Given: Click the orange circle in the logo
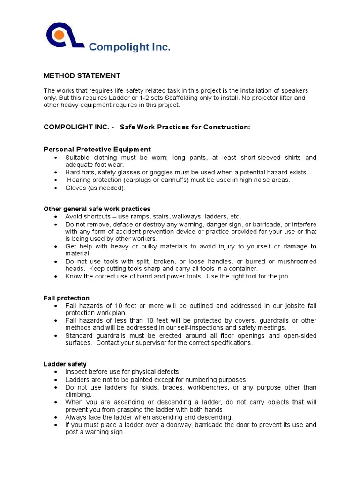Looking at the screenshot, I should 59,35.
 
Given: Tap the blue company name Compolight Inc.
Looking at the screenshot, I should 129,47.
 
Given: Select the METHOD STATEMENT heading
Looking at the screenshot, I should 82,75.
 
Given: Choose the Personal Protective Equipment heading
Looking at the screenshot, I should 97,149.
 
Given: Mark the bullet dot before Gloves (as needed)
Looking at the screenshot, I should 56,187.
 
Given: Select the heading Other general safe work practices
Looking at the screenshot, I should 97,209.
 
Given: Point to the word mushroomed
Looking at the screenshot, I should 294,261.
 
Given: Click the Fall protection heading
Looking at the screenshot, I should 67,298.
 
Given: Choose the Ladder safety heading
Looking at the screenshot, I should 65,364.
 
